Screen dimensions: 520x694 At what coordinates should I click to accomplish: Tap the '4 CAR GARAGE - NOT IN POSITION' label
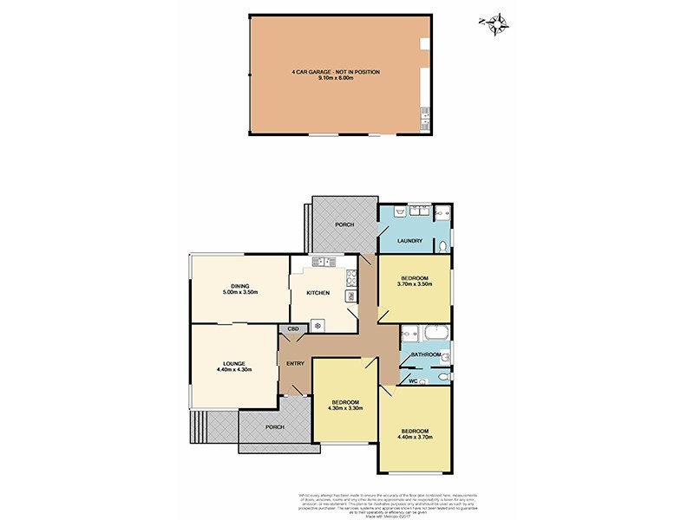336,72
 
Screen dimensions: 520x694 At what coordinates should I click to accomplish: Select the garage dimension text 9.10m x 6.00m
336,79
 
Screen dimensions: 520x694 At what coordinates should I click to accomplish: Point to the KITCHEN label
318,293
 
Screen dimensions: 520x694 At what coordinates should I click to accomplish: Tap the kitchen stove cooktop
350,277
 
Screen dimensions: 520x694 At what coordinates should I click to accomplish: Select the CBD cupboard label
293,330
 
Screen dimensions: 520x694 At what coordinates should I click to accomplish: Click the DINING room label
240,286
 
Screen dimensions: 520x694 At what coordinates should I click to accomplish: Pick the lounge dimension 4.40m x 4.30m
233,370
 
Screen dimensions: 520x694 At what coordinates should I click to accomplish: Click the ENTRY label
295,363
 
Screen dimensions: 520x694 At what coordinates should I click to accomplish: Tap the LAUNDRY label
409,241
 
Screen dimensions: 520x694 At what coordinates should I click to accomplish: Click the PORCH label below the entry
275,426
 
